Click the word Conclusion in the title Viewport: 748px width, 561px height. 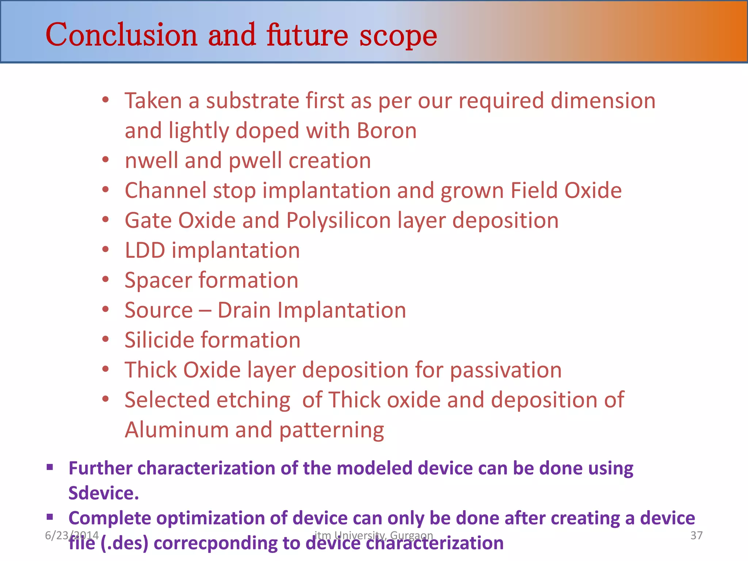pyautogui.click(x=122, y=35)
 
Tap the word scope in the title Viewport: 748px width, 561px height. pyautogui.click(x=398, y=37)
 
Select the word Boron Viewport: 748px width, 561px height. pyautogui.click(x=387, y=131)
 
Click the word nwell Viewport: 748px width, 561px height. pyautogui.click(x=151, y=161)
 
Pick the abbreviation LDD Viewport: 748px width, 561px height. pyautogui.click(x=145, y=251)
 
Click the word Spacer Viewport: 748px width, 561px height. pyautogui.click(x=158, y=280)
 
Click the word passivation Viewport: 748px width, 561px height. pyautogui.click(x=505, y=370)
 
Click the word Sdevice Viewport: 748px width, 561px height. pyautogui.click(x=103, y=493)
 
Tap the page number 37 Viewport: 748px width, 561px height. pyautogui.click(x=696, y=535)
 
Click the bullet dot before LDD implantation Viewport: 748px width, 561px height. pyautogui.click(x=106, y=249)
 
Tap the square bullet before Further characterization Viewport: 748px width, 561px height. pyautogui.click(x=50, y=467)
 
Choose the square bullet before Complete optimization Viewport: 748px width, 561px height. pyautogui.click(x=50, y=517)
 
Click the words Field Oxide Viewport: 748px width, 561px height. pyautogui.click(x=566, y=191)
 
